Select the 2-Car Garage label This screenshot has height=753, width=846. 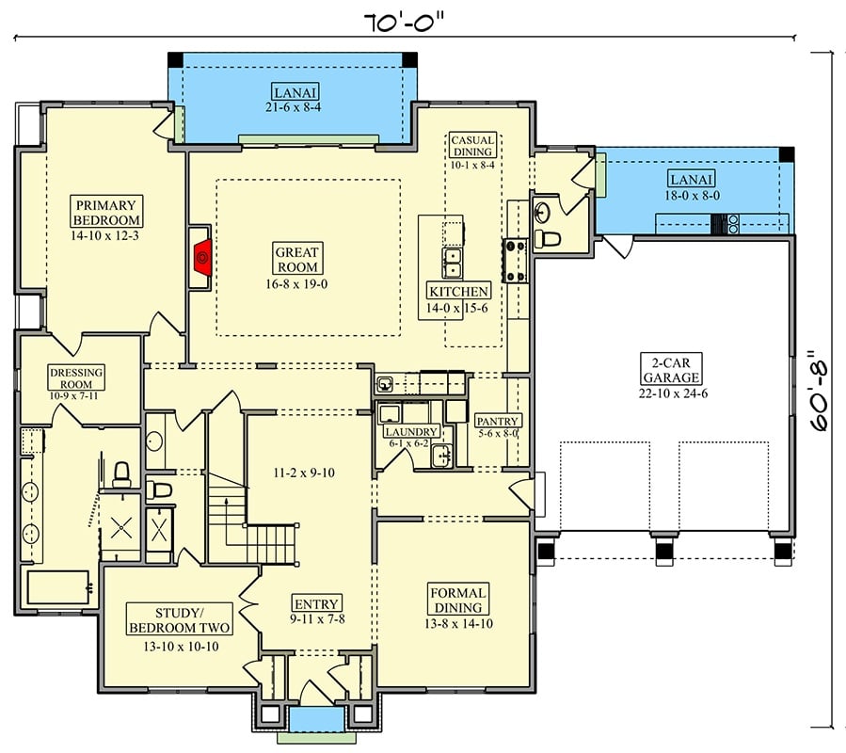(x=671, y=370)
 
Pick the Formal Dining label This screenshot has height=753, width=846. (x=458, y=601)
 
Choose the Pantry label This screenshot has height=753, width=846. (x=499, y=421)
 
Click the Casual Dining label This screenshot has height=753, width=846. (x=472, y=146)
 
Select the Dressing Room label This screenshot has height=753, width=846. (x=77, y=378)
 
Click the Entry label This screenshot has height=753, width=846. (x=316, y=604)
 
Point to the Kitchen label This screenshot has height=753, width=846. (x=458, y=292)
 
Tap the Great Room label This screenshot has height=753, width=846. (x=297, y=260)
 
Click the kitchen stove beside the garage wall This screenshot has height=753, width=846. (x=516, y=261)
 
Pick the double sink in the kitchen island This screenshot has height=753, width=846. (x=453, y=259)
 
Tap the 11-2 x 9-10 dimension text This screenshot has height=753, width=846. (x=302, y=473)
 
